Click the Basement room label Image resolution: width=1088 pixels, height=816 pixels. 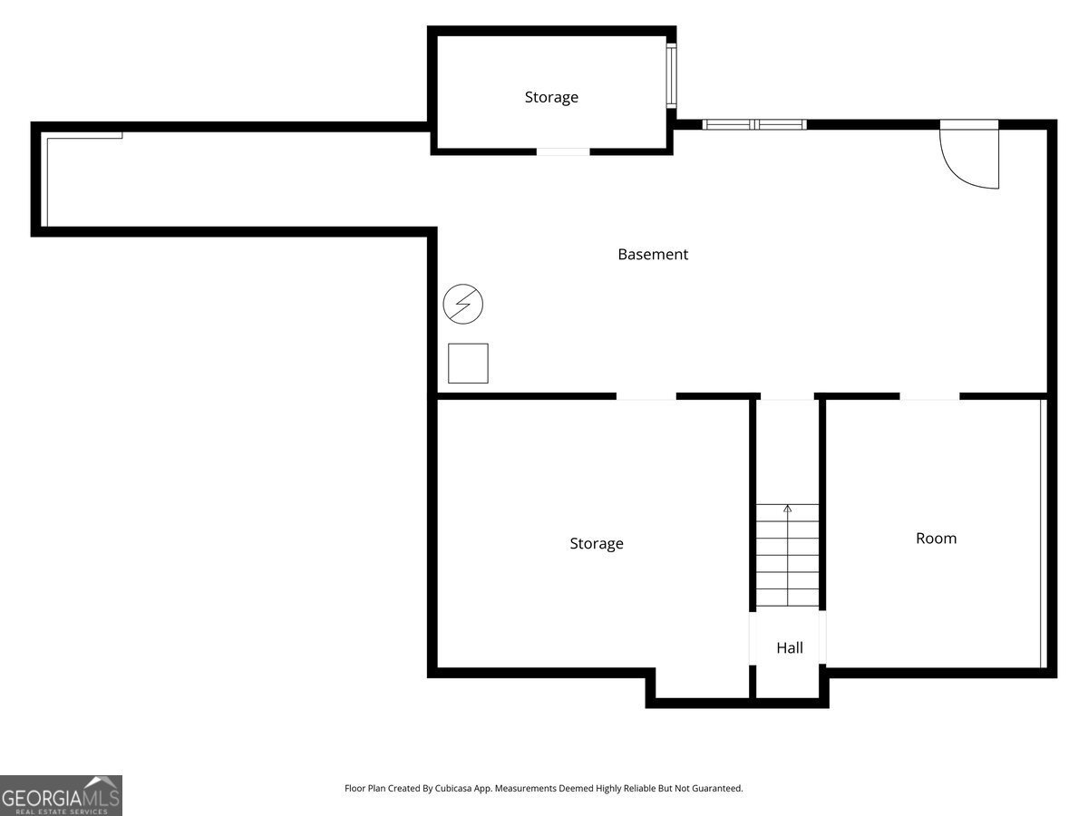pos(653,255)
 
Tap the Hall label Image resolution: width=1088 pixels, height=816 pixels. pos(790,648)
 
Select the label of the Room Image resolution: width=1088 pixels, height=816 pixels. pos(936,539)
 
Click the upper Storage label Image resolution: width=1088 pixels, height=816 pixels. pos(551,97)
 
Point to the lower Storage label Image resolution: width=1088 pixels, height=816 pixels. pos(597,544)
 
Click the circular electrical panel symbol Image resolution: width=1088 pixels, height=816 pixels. pos(463,304)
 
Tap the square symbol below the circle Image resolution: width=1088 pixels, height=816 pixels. pos(468,363)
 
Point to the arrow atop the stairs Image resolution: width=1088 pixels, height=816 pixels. pos(788,510)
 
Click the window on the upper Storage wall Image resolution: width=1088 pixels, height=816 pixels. pos(672,76)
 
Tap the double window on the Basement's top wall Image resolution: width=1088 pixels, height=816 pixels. pos(754,124)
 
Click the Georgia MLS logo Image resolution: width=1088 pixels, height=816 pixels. pos(61,795)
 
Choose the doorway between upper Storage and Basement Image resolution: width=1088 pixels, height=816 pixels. pos(563,151)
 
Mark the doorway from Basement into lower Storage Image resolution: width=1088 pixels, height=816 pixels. pos(646,396)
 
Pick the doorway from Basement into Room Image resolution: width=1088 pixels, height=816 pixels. pos(929,396)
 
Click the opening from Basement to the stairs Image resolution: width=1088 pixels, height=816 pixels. pos(787,396)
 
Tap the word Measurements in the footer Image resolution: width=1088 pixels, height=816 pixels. pos(526,789)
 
